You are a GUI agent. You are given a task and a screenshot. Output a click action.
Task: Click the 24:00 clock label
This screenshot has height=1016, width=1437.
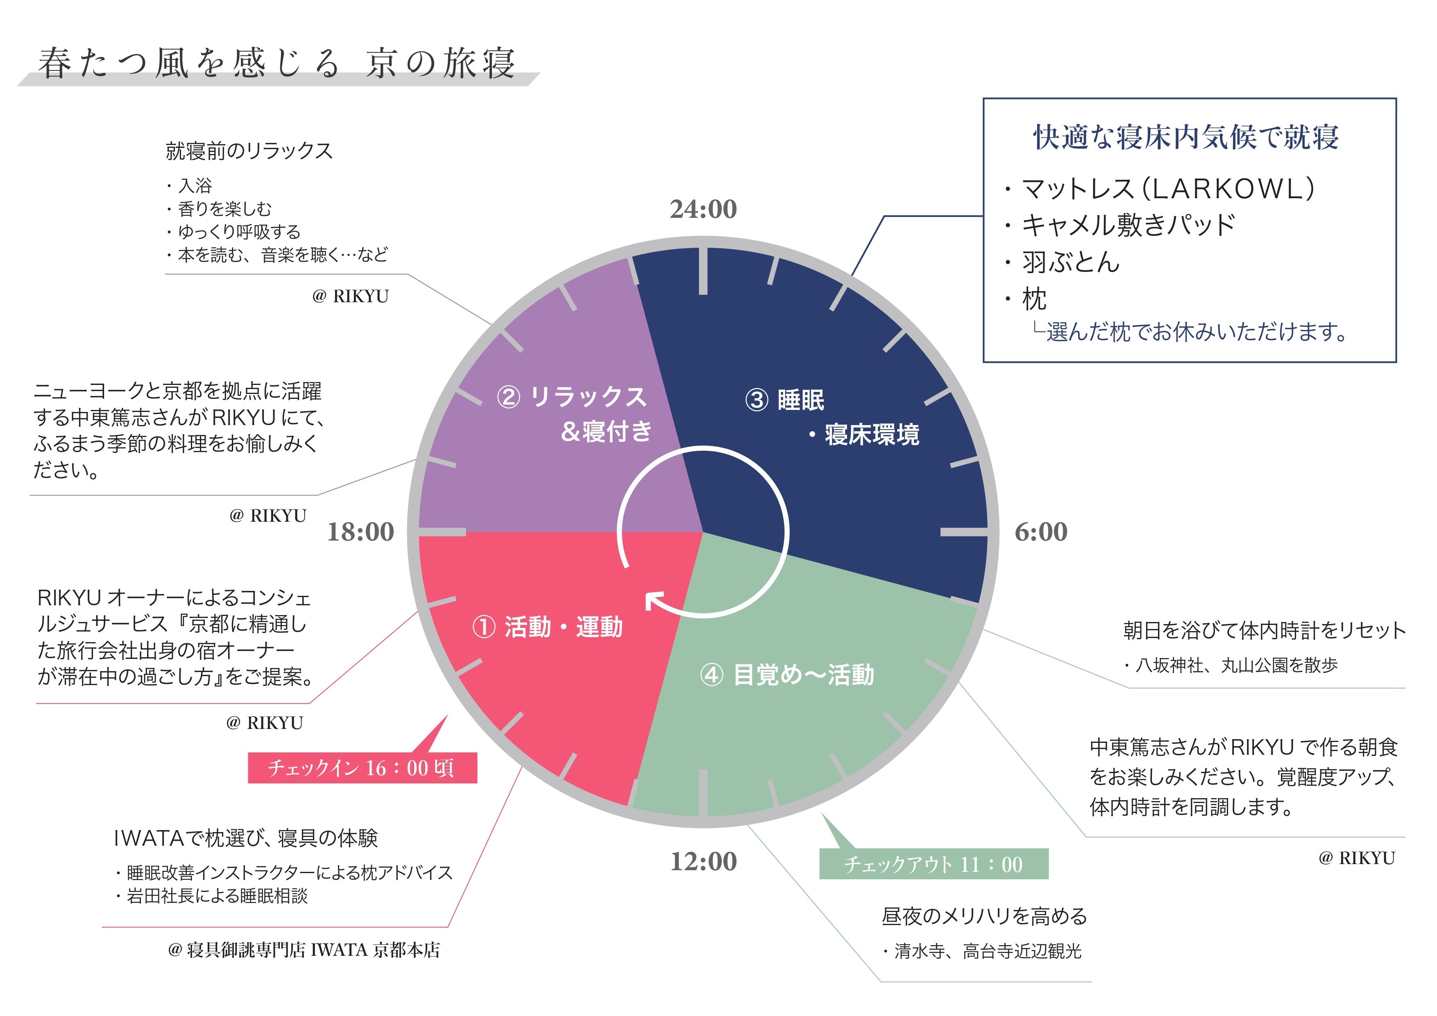pyautogui.click(x=703, y=209)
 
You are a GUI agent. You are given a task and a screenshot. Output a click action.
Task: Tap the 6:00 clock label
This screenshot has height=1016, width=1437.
pyautogui.click(x=1041, y=532)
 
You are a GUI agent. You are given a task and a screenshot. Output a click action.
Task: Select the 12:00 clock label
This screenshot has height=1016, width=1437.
pyautogui.click(x=703, y=862)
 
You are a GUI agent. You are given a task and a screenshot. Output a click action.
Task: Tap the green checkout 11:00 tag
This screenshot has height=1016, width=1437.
pyautogui.click(x=933, y=864)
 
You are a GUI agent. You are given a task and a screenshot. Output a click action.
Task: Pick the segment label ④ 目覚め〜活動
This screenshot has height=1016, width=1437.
pyautogui.click(x=787, y=675)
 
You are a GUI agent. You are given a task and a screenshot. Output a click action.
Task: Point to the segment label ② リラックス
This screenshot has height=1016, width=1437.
pyautogui.click(x=571, y=397)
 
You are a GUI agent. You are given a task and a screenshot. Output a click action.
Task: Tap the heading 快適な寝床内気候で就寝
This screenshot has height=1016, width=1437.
pyautogui.click(x=1185, y=137)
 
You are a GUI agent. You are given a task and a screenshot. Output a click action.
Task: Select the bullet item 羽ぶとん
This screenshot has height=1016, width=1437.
pyautogui.click(x=1070, y=262)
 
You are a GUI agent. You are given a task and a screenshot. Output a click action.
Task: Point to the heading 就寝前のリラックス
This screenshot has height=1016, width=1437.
pyautogui.click(x=249, y=151)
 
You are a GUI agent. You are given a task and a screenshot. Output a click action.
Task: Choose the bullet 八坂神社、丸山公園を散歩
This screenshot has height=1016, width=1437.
pyautogui.click(x=1236, y=665)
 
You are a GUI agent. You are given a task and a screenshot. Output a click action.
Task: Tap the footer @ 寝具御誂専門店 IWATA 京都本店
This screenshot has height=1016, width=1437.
pyautogui.click(x=304, y=950)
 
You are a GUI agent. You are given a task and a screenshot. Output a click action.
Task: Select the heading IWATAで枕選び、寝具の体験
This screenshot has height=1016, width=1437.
pyautogui.click(x=245, y=838)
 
